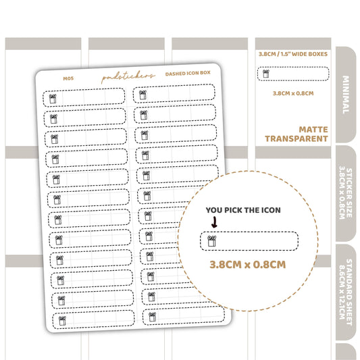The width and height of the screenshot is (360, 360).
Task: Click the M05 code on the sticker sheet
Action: tap(68, 78)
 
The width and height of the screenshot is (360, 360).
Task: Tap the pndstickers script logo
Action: tap(128, 76)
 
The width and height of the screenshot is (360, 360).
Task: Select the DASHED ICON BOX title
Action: tap(188, 73)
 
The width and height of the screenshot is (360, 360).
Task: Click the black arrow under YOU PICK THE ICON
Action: tap(214, 222)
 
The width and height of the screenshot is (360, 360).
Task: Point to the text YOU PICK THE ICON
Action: tap(243, 210)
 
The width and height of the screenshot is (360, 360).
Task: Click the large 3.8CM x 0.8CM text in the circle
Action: tap(248, 265)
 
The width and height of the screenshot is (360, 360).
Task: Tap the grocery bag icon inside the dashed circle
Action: tap(211, 241)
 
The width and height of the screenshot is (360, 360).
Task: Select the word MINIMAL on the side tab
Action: tap(346, 95)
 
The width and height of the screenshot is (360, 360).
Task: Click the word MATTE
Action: tap(313, 130)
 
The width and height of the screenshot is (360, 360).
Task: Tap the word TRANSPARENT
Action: tap(297, 138)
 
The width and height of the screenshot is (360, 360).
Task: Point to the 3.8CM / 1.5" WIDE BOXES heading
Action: tap(293, 54)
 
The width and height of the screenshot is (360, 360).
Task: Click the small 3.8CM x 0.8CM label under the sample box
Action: tap(293, 93)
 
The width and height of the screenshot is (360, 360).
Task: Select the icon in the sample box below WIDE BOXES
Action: tap(266, 74)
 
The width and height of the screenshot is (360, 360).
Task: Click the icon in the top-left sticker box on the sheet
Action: tap(53, 99)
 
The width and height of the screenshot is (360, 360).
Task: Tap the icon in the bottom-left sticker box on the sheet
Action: tap(62, 321)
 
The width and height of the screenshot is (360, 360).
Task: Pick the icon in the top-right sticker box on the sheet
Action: tap(143, 95)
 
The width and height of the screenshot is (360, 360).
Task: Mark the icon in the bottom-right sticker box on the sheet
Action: tap(152, 317)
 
